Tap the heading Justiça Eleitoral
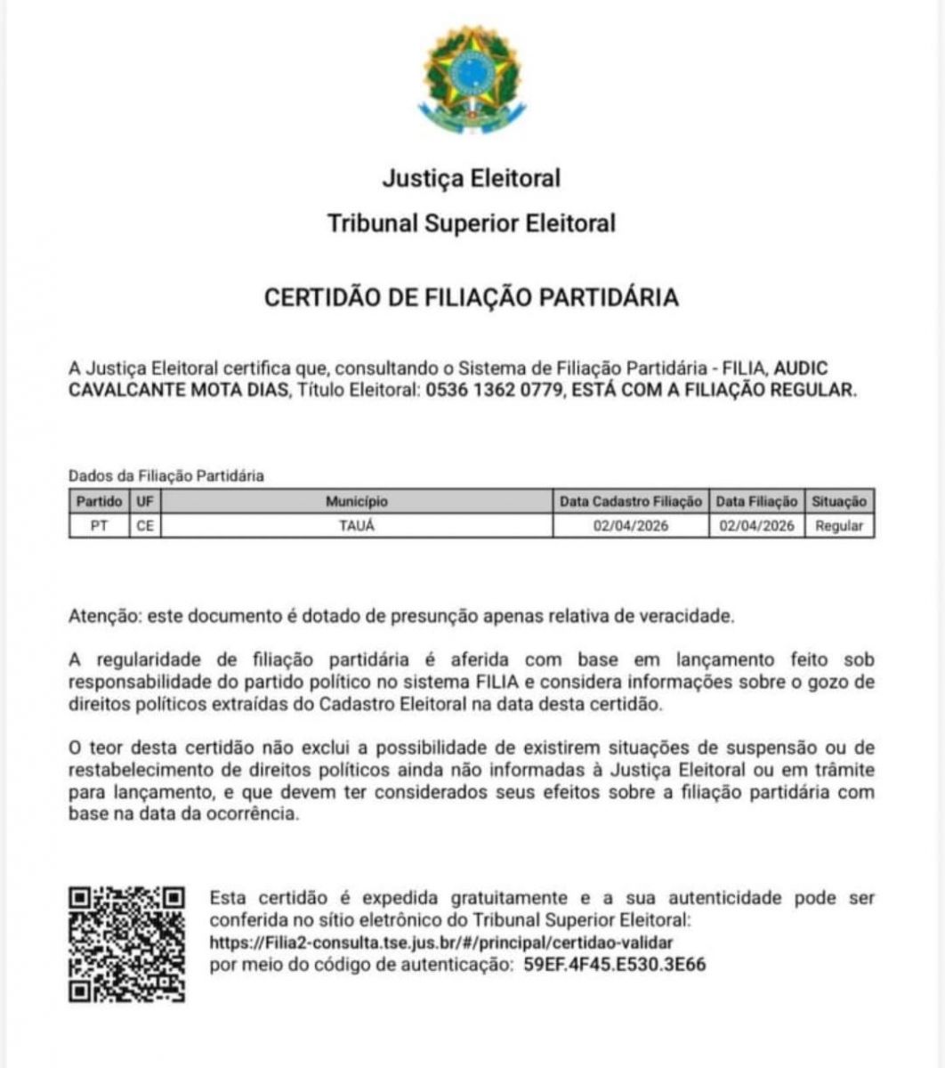(472, 178)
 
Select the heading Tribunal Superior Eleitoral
(472, 222)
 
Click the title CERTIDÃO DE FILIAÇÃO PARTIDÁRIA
(472, 297)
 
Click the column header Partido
(100, 502)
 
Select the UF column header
(145, 502)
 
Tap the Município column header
(356, 502)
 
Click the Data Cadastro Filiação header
(631, 502)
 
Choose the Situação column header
(839, 502)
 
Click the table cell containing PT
(100, 526)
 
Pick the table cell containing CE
(145, 526)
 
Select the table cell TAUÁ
(356, 526)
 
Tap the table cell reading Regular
(839, 526)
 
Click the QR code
(127, 944)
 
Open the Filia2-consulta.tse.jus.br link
(441, 942)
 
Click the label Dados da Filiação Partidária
(166, 476)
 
